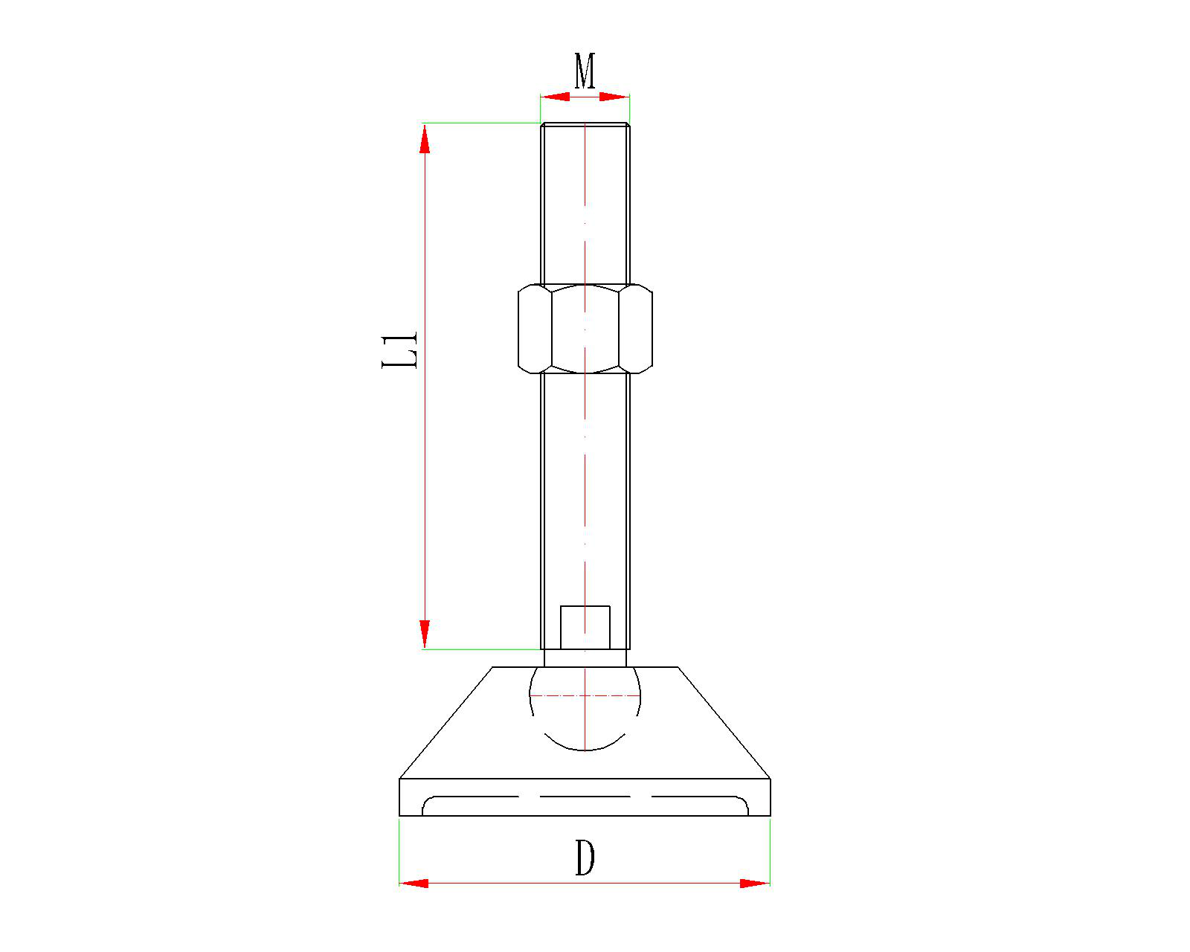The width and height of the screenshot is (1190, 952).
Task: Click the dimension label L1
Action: [399, 350]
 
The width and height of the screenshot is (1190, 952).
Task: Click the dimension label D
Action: [585, 858]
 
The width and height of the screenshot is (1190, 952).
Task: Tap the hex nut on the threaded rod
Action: [585, 329]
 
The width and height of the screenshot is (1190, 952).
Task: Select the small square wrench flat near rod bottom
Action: [585, 627]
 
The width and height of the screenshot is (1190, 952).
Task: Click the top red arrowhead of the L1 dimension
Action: [425, 139]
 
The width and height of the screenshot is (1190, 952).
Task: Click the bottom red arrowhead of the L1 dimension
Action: [425, 634]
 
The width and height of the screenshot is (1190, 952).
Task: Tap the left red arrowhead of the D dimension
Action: [414, 884]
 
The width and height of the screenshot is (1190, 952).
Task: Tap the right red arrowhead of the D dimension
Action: [755, 884]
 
